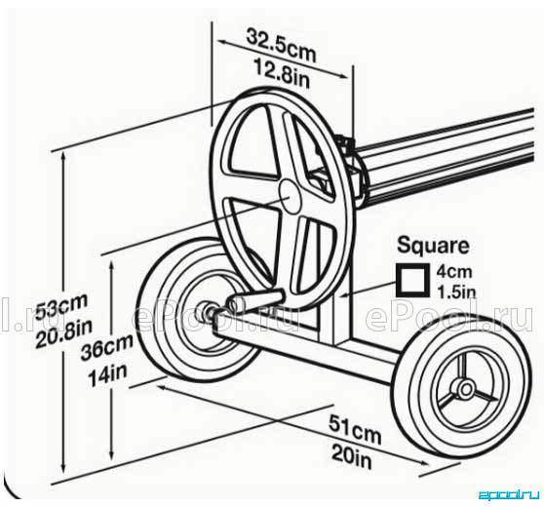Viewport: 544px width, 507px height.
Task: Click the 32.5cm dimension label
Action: point(282,46)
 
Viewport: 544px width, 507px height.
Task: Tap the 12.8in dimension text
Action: point(282,73)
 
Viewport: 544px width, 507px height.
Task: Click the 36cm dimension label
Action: point(106,348)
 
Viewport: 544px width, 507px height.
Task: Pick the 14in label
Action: point(107,375)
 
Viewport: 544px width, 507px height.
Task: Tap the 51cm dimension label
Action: point(355,429)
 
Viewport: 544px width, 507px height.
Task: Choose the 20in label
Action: point(352,456)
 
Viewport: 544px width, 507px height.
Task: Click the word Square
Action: point(433,246)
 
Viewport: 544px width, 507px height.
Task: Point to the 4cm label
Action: point(453,271)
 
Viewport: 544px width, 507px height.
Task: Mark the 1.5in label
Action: point(456,292)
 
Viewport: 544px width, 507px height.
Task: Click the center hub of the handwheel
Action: point(291,196)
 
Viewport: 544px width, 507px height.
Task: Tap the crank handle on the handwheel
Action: point(256,300)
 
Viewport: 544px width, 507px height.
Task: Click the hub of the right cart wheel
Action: point(466,388)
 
